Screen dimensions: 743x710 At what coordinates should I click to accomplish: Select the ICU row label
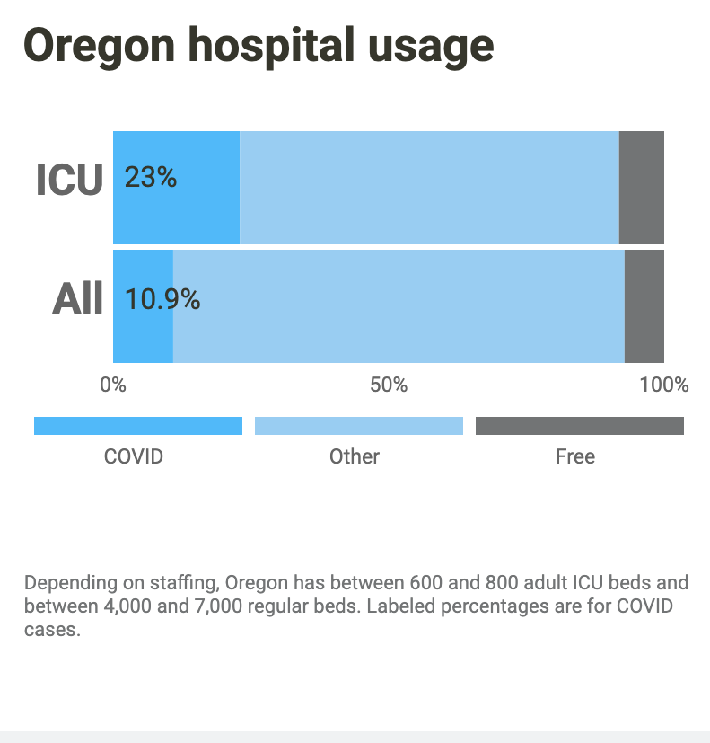click(x=69, y=180)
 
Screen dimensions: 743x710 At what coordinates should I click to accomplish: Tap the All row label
click(x=77, y=298)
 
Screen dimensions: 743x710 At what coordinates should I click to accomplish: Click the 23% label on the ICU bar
click(x=150, y=178)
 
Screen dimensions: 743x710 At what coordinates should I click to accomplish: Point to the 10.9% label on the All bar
click(x=162, y=298)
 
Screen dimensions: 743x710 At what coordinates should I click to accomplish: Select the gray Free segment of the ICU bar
click(x=642, y=187)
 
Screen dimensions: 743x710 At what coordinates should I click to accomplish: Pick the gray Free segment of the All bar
click(x=644, y=305)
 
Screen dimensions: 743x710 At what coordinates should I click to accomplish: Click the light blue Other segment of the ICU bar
click(x=429, y=187)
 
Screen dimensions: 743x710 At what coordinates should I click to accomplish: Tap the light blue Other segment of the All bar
click(x=399, y=305)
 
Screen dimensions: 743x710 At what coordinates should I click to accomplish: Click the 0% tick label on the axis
click(x=113, y=385)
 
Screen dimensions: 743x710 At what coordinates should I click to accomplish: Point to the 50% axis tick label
click(x=389, y=385)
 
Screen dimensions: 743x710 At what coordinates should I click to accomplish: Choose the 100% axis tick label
click(x=664, y=385)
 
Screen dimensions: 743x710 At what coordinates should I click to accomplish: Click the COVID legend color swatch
click(x=138, y=426)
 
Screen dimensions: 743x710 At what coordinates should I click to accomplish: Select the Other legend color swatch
click(x=359, y=426)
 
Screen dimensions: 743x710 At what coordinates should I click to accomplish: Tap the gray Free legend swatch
click(x=580, y=426)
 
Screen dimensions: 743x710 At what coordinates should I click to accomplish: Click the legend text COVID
click(x=134, y=456)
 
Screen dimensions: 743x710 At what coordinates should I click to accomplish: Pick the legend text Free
click(x=575, y=456)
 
